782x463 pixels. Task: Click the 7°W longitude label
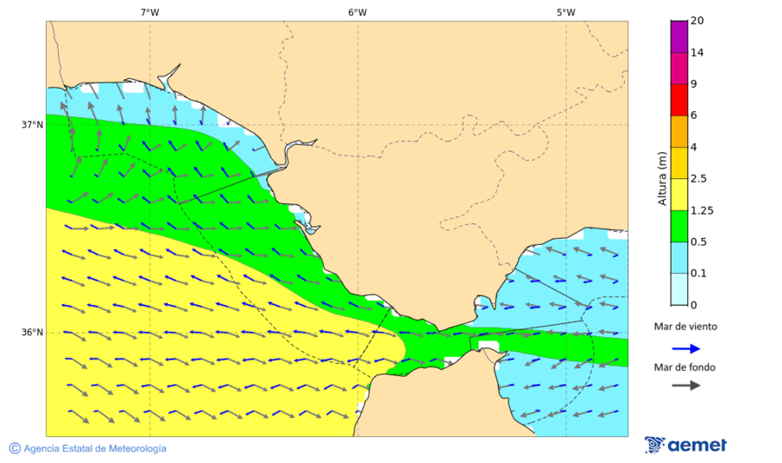149,12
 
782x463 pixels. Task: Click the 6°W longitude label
357,12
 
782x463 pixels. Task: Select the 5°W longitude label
566,12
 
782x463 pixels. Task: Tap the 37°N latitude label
32,124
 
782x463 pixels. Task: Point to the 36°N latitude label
32,333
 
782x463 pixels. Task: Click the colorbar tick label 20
696,21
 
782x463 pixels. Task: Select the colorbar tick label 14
696,53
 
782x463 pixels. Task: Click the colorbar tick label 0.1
699,274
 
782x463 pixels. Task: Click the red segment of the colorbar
679,99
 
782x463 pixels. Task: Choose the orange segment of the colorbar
679,131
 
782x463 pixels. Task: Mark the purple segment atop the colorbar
679,36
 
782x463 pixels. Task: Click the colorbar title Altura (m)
662,179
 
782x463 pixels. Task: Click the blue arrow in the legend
686,348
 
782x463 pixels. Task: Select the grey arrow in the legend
686,385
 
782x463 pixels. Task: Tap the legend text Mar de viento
686,327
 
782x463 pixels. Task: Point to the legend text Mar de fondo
686,367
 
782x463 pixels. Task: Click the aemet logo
686,445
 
